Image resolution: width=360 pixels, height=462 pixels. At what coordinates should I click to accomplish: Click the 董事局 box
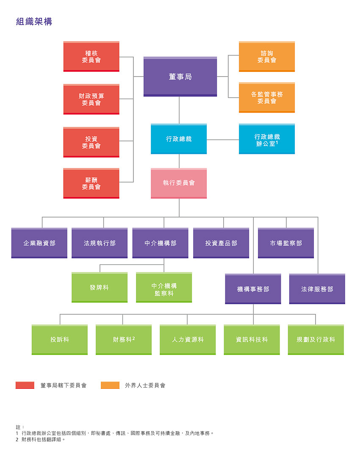(180, 77)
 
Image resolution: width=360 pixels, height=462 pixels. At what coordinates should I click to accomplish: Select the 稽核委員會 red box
(91, 56)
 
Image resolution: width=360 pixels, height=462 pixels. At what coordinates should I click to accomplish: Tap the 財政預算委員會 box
(91, 99)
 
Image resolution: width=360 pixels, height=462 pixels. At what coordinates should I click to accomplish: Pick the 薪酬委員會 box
(91, 183)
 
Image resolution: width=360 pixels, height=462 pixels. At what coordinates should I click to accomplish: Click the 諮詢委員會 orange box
(267, 56)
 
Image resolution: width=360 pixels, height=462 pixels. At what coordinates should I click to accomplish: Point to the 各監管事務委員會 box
(267, 98)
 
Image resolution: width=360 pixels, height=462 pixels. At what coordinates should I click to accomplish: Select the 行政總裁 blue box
(179, 139)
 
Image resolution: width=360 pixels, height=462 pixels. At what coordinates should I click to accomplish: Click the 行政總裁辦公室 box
(267, 139)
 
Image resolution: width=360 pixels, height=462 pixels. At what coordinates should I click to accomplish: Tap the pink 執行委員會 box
(179, 183)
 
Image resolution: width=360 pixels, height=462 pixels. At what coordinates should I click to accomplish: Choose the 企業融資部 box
(39, 243)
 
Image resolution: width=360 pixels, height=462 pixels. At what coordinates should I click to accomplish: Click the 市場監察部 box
(286, 243)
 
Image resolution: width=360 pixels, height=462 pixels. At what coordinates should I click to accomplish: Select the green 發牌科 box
(100, 287)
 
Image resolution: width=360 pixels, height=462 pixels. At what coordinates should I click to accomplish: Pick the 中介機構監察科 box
(164, 287)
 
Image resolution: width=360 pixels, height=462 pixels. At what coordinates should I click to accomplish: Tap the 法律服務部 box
(317, 289)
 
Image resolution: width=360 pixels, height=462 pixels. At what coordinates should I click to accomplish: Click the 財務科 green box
(124, 340)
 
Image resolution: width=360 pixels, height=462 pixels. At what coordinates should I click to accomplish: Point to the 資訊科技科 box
(252, 340)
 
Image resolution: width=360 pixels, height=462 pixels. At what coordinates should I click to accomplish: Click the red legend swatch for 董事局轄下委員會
(25, 385)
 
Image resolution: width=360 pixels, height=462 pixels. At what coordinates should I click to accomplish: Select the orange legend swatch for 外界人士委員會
(110, 385)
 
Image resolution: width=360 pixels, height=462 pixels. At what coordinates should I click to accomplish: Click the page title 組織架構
(34, 22)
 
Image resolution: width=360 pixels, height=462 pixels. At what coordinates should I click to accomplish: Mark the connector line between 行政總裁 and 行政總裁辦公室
(223, 140)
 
